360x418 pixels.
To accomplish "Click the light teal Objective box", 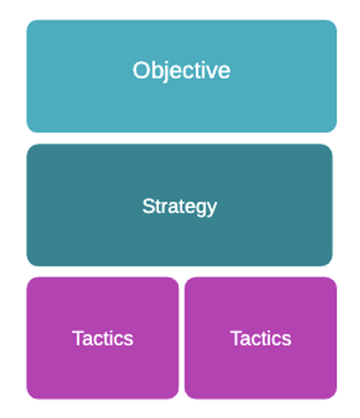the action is (x=181, y=76).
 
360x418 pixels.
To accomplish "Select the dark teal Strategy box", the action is (x=179, y=205).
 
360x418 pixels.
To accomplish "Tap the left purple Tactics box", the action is (x=102, y=338).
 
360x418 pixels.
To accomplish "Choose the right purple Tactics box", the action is (x=261, y=338).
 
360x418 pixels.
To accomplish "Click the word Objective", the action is (x=181, y=71).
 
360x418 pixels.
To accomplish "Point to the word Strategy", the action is (x=179, y=207).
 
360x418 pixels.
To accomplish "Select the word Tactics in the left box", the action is (x=102, y=338).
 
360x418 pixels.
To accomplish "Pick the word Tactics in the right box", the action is (x=261, y=338).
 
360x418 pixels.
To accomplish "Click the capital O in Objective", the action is (x=140, y=70).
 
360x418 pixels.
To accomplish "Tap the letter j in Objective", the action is (x=165, y=72).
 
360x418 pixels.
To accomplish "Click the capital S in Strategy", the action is (x=148, y=206).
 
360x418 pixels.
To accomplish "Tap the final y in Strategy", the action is (x=212, y=210).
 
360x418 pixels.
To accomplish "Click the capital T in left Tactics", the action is (x=78, y=338).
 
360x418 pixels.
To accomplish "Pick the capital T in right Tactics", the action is (x=236, y=338).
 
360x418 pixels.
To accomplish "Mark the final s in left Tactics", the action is (x=128, y=340).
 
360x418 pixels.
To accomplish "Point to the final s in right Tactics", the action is (x=287, y=340).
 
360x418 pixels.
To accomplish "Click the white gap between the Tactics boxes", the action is (x=181, y=338).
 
